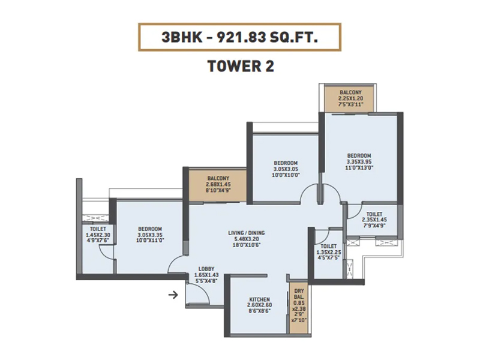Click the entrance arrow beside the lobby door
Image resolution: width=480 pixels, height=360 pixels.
click(173, 295)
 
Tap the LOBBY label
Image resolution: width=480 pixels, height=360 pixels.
click(206, 269)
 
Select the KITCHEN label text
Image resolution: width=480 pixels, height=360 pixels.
click(260, 299)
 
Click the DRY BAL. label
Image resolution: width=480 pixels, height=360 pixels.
click(299, 294)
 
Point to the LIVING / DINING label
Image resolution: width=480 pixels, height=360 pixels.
click(247, 233)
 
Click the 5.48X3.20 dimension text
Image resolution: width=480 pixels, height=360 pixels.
click(247, 239)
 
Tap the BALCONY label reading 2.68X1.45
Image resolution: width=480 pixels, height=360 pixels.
click(218, 178)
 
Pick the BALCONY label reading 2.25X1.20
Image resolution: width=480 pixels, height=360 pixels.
click(350, 92)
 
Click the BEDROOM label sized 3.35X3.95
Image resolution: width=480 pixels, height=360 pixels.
click(359, 155)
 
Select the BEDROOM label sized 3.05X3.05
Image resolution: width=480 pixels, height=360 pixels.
click(286, 163)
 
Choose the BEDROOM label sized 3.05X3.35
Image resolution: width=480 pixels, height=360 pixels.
click(150, 229)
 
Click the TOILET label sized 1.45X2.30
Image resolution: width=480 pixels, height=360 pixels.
click(98, 229)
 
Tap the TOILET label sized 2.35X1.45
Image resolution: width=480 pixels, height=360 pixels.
click(374, 214)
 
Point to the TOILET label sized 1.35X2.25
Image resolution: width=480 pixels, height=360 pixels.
click(328, 246)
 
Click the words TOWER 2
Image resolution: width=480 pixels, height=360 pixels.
click(241, 66)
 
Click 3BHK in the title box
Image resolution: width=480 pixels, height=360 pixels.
click(182, 37)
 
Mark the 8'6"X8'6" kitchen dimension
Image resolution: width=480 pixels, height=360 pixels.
click(260, 311)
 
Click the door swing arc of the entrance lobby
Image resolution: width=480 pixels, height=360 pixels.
click(203, 290)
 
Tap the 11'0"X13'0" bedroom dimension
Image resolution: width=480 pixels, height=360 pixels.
click(359, 167)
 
